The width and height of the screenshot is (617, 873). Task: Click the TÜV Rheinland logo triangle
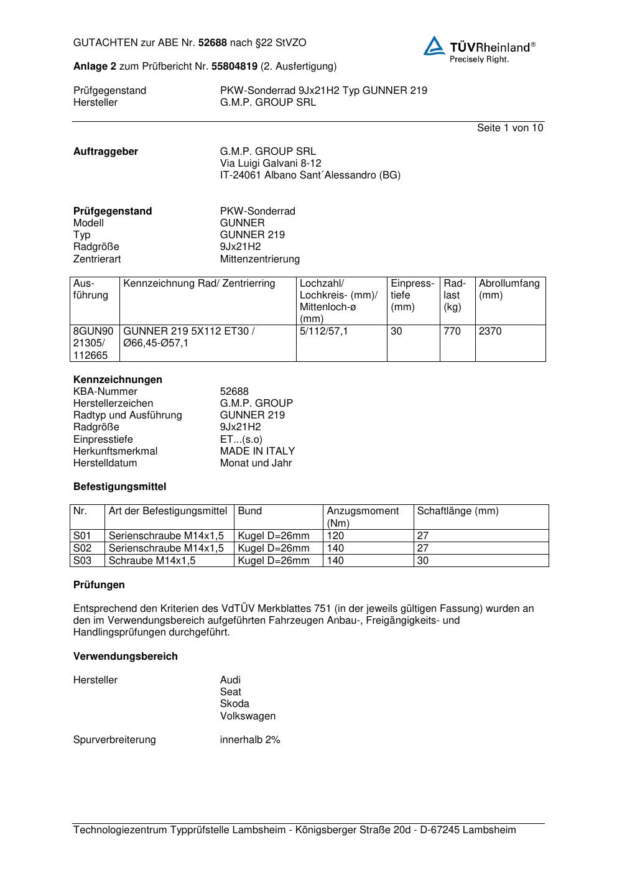pos(434,47)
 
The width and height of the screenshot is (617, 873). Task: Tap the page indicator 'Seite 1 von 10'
pos(509,128)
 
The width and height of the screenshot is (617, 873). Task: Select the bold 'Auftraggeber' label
pos(106,152)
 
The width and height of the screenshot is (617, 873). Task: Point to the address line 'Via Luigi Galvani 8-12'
pos(271,164)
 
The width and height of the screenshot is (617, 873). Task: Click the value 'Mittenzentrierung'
pos(259,259)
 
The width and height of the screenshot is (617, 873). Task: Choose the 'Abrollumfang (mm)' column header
pos(509,289)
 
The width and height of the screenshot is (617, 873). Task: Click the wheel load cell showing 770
pos(452,331)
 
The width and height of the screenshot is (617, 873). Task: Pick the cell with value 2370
pos(489,331)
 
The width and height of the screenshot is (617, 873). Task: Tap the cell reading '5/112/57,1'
pos(324,331)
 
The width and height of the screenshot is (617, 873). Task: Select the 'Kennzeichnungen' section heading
pos(118,380)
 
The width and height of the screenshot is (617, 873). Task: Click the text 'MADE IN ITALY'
pos(257,451)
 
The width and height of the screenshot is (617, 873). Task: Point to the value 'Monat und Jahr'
pos(256,463)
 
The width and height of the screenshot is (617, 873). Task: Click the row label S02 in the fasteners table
pos(82,548)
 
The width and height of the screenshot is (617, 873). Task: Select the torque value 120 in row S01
pos(335,536)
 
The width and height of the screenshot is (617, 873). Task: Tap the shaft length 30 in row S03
pos(423,561)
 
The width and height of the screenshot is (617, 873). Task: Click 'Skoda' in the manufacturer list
pos(234,704)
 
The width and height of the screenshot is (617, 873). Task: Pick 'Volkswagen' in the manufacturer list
pos(248,716)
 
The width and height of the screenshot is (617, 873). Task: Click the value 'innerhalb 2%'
pos(250,740)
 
